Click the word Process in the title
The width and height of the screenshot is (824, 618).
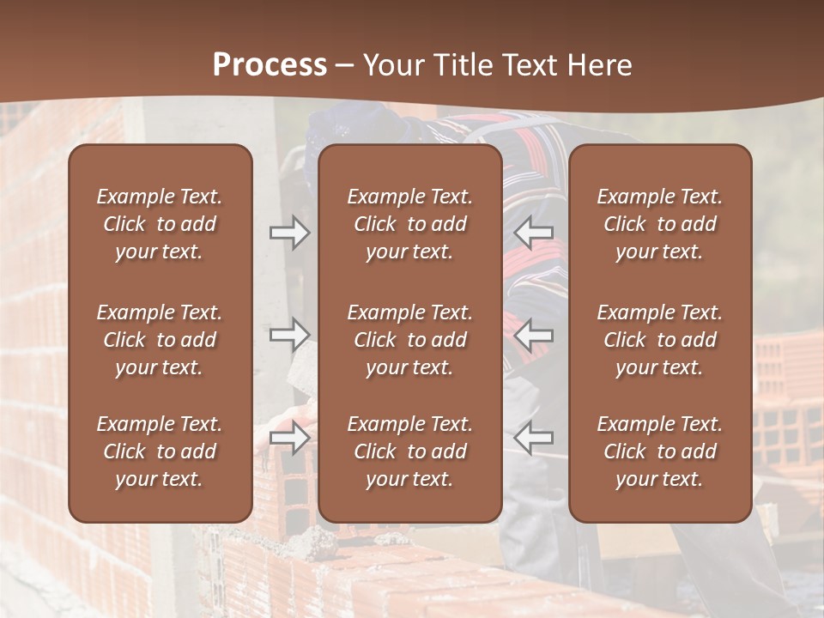270,64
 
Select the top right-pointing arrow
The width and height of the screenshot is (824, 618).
289,233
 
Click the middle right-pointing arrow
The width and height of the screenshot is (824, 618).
289,335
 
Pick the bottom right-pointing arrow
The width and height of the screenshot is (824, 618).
289,438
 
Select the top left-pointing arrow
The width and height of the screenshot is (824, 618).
533,233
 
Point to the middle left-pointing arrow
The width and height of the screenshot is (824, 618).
533,335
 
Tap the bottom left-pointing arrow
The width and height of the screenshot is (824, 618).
533,438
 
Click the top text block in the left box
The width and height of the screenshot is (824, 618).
160,224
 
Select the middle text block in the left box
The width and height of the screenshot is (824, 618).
160,340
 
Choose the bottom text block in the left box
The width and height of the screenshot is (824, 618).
160,451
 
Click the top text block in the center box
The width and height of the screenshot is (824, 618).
410,224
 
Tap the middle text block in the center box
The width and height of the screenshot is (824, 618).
410,340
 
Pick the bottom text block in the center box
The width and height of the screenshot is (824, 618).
410,451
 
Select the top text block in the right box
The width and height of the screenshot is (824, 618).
660,224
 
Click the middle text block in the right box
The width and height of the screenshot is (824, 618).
660,340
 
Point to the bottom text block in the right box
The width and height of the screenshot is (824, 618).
660,451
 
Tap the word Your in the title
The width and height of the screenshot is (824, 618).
391,64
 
